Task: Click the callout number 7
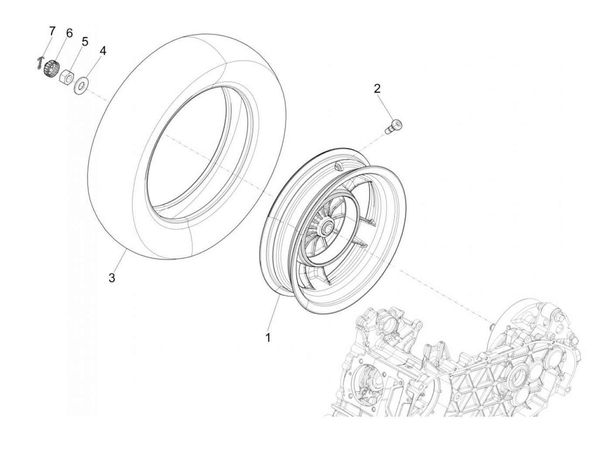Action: point(52,31)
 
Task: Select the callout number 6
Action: point(69,33)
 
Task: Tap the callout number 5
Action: point(85,42)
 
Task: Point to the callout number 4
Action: point(103,51)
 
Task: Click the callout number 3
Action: point(112,277)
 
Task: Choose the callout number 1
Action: point(268,337)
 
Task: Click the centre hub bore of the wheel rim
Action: point(327,228)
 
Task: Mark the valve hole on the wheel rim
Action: point(339,166)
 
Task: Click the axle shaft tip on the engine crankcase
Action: point(492,325)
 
